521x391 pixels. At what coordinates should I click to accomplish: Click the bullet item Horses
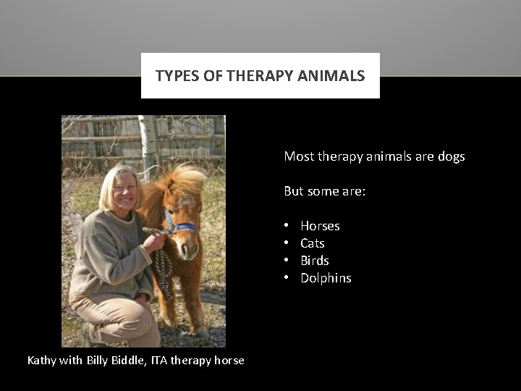[x=320, y=226]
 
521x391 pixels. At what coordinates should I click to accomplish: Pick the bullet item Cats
[x=313, y=243]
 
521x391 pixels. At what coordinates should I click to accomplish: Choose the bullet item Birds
[x=315, y=261]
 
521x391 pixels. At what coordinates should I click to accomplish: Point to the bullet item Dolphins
[x=326, y=278]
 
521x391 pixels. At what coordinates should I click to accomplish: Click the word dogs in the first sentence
[x=451, y=156]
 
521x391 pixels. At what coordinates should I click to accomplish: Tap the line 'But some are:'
[x=325, y=191]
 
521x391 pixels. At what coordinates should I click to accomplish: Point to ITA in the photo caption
[x=160, y=360]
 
